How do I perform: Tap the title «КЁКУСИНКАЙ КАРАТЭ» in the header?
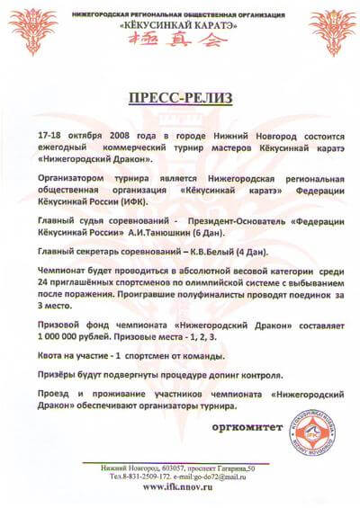[x=180, y=26]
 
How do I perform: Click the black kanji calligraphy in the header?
[x=180, y=42]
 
